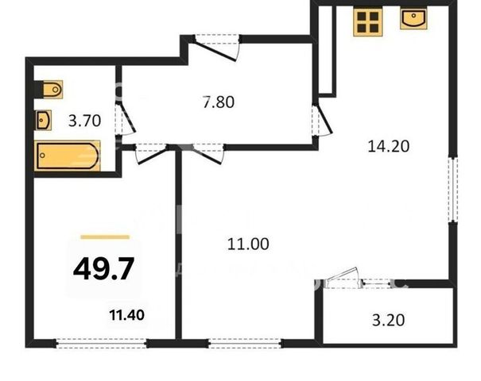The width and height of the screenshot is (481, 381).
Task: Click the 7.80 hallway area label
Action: [x=219, y=102]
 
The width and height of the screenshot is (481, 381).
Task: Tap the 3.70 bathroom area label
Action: [x=84, y=121]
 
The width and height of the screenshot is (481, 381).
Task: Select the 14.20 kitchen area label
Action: [x=388, y=146]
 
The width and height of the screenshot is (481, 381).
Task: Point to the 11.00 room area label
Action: [x=248, y=244]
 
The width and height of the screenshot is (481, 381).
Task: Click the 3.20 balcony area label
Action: [x=388, y=321]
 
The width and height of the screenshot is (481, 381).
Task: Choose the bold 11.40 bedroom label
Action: [x=127, y=315]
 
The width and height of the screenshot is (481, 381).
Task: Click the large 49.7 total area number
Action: [x=103, y=268]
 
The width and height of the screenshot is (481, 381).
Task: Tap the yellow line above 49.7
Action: [x=105, y=237]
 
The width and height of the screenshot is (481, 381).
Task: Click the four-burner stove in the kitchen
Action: [x=368, y=22]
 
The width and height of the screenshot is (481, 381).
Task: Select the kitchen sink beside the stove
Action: [x=413, y=19]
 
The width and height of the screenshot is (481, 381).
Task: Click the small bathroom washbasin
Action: [x=43, y=120]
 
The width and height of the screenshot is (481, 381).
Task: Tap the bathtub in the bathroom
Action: [x=67, y=156]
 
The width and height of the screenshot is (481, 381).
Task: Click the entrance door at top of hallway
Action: [x=218, y=48]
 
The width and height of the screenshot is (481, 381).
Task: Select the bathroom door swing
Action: [x=126, y=119]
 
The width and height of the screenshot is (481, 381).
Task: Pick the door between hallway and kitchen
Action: [x=322, y=119]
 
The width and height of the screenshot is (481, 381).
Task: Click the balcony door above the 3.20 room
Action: [x=343, y=279]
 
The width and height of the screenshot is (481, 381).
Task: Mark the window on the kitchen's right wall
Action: [x=453, y=189]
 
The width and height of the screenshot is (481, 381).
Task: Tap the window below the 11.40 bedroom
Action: [x=102, y=344]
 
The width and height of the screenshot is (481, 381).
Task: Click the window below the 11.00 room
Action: [x=245, y=344]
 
